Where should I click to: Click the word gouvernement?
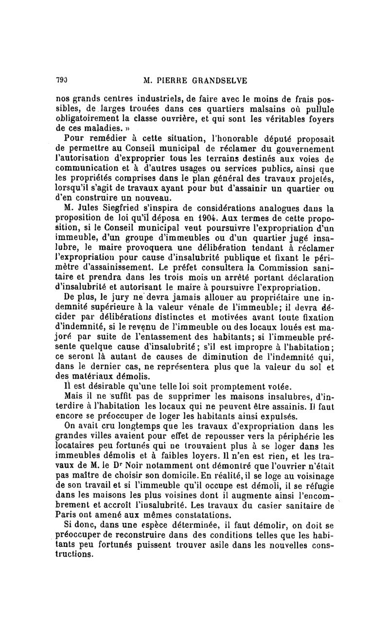click(304, 148)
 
